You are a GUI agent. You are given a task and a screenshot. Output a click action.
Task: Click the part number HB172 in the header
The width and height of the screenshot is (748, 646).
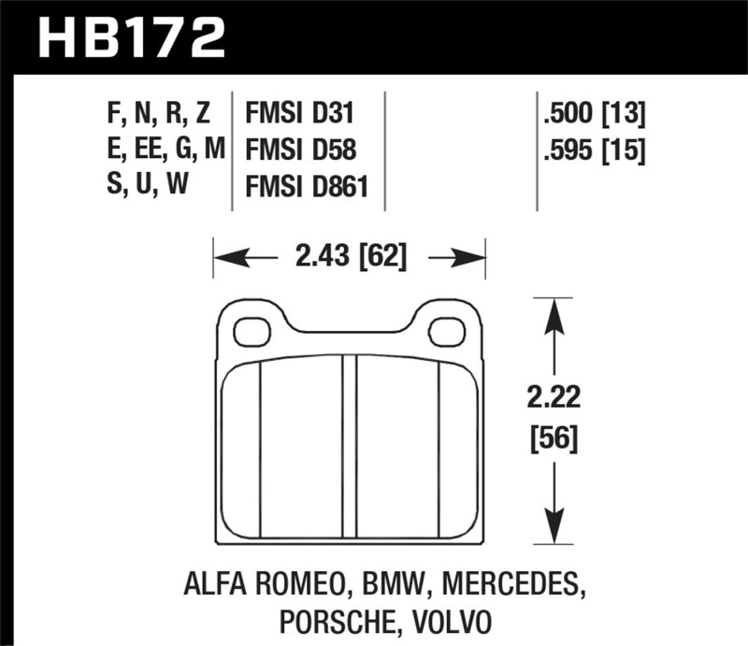coord(130,37)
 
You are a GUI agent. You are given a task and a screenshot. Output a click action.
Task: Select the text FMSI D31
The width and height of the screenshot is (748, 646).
coord(301,115)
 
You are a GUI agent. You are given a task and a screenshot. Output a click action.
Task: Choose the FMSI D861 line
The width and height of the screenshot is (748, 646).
coord(307,187)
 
